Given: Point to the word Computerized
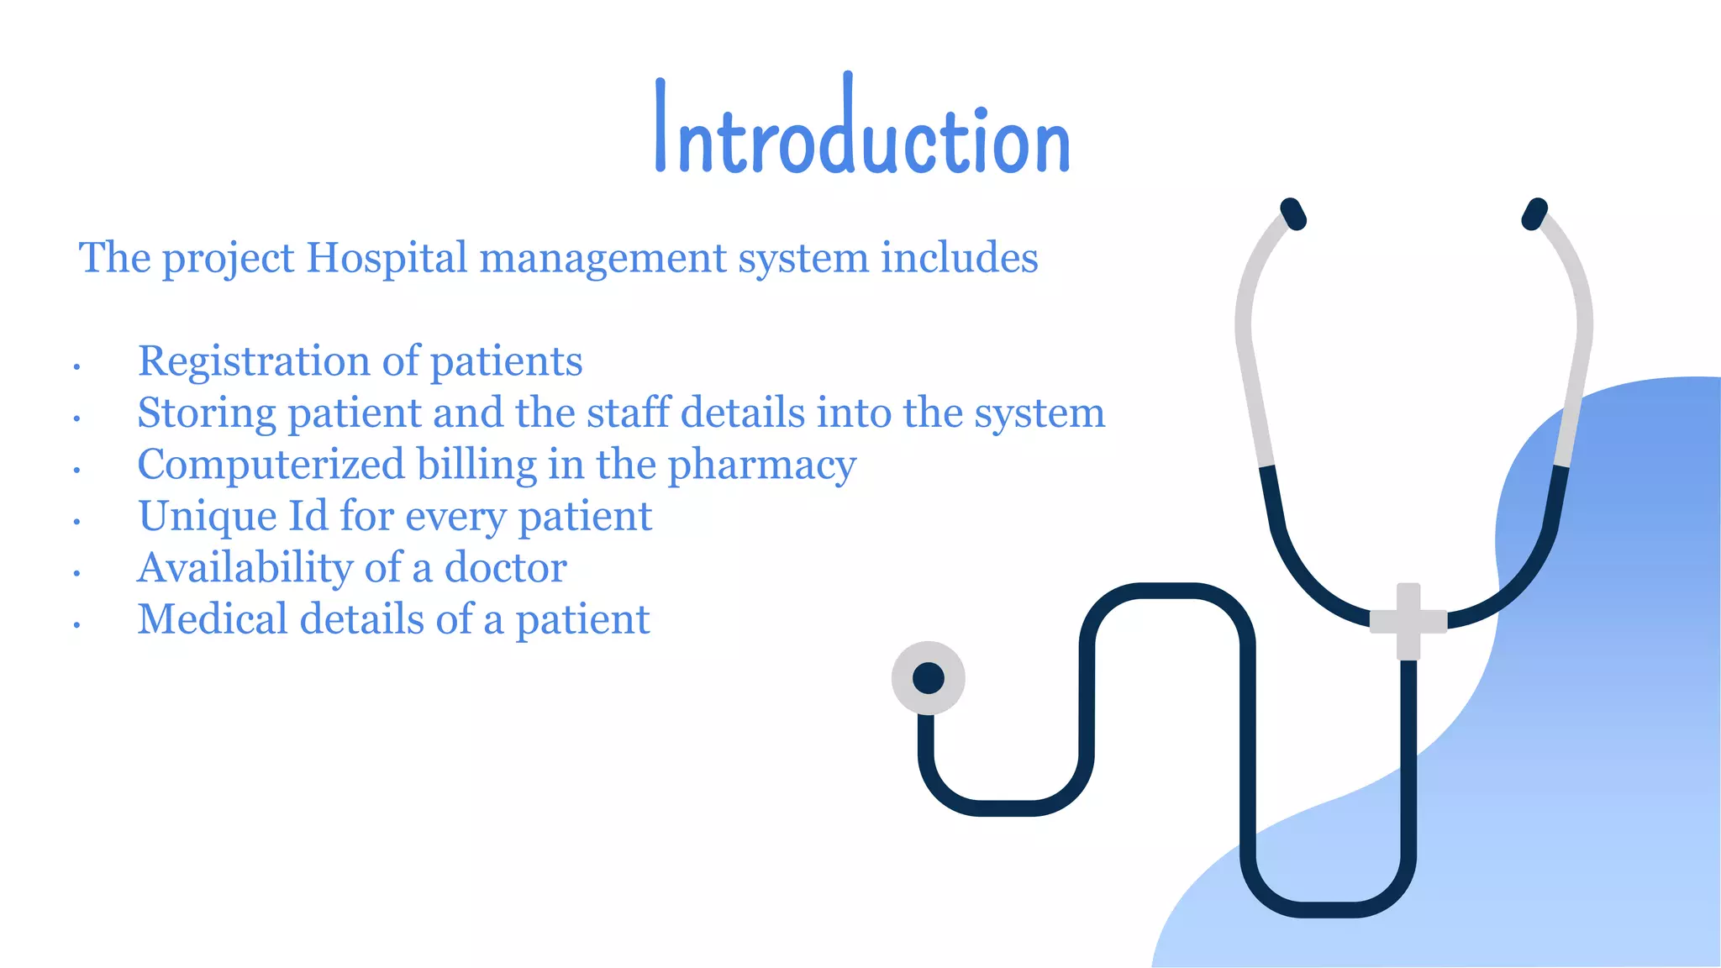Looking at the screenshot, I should (x=271, y=465).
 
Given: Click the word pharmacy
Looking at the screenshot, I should (x=761, y=465).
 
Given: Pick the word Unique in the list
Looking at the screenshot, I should (x=208, y=517).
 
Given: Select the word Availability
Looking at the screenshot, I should (x=245, y=568).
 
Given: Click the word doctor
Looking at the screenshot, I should (x=505, y=568).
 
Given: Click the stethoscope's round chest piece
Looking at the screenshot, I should (x=928, y=678).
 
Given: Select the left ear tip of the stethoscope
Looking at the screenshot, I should (x=1292, y=213).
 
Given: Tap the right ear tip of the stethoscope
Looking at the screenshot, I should (x=1534, y=213).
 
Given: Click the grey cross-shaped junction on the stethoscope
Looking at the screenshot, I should (x=1408, y=621).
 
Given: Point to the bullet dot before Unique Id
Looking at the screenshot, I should (x=76, y=523).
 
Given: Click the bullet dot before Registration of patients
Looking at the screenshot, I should (x=76, y=367).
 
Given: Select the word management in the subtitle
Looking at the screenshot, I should (x=603, y=257).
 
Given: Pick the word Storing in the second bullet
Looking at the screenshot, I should (x=207, y=413).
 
